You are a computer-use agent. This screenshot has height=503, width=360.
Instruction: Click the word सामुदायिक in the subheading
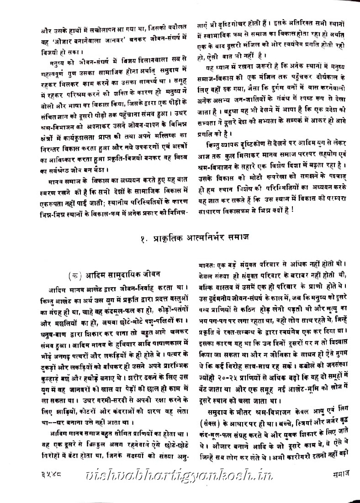[119, 274]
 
